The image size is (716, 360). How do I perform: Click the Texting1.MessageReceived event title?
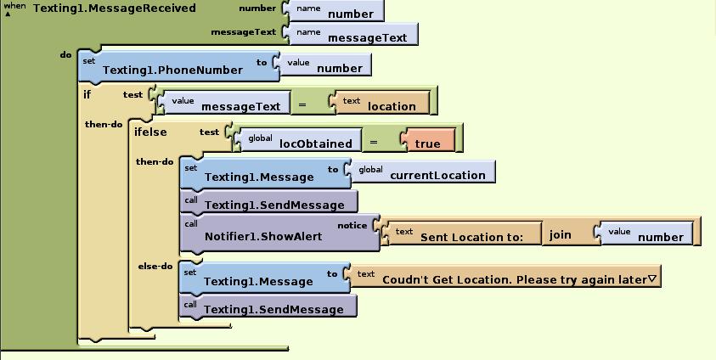(114, 8)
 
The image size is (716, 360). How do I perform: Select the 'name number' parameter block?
(336, 11)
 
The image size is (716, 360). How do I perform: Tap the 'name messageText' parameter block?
(353, 34)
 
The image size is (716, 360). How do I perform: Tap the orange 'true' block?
(429, 141)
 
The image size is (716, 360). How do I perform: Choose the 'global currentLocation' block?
(425, 173)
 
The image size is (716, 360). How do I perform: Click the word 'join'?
(561, 234)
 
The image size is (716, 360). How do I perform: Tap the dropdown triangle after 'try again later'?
(652, 278)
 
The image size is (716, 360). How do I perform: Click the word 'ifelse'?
(150, 132)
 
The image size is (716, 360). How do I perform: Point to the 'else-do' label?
(155, 267)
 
